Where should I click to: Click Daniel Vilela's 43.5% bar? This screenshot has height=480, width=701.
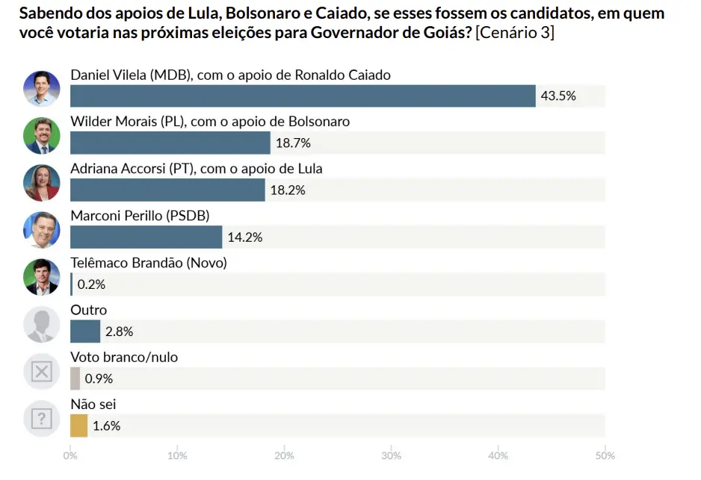[303, 96]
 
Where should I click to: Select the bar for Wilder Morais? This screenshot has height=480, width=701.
[170, 143]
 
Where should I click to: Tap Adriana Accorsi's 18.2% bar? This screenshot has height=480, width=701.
[167, 190]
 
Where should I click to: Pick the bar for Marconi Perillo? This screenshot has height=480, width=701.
[146, 237]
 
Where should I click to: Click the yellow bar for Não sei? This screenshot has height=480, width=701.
[78, 426]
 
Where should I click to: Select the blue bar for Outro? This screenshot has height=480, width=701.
[84, 331]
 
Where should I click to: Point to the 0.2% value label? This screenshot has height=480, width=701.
[91, 284]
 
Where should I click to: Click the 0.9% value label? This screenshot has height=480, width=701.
[99, 378]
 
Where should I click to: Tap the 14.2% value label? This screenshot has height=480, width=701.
[244, 237]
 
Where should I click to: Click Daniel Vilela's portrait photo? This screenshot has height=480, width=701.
[42, 89]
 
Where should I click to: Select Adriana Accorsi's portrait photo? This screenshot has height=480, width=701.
[42, 183]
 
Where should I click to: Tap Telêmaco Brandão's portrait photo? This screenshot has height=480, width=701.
[42, 277]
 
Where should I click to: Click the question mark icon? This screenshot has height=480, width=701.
[42, 418]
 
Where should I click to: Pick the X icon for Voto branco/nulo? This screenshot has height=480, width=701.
[42, 371]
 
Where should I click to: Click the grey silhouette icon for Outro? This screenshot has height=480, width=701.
[42, 324]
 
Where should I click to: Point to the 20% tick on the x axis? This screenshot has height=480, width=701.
[284, 455]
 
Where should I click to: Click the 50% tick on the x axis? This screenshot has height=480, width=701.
[605, 455]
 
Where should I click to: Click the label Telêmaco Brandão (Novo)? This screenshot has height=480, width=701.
[148, 263]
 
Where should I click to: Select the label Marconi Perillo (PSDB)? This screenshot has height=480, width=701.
[140, 216]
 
